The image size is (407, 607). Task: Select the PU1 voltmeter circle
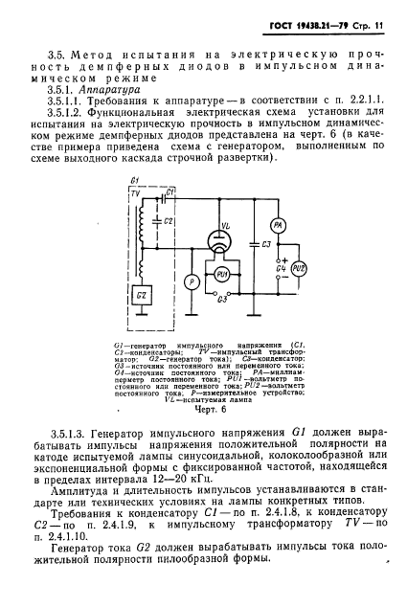coord(222,275)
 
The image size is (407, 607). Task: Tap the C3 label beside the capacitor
coord(266,247)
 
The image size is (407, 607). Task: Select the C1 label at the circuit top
coord(169,193)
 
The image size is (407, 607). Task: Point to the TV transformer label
coord(144,193)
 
